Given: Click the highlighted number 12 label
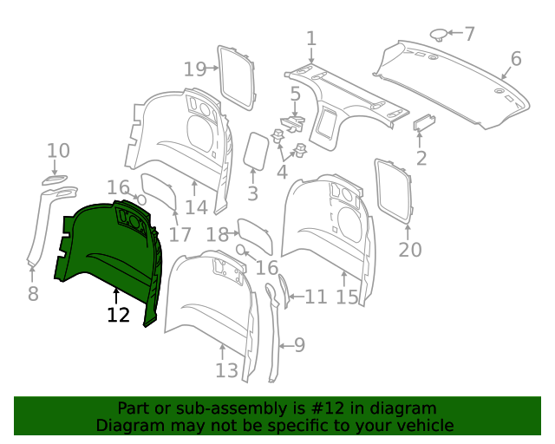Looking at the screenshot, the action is coord(119,315).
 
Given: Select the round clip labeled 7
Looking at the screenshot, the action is coord(440,35).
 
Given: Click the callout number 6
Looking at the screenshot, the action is coord(516,59).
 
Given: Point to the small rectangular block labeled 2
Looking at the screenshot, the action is coord(424,122).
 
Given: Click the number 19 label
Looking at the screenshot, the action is coord(195,69).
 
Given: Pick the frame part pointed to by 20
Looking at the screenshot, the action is coord(394,191).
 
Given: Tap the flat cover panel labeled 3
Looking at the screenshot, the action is coord(256,151).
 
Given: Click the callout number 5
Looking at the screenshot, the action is coord(295,95).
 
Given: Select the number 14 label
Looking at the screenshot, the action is coord(196,207).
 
